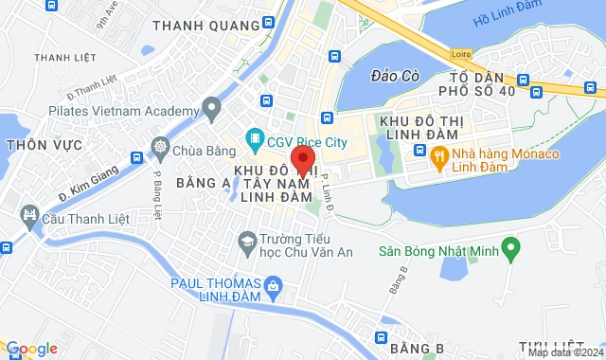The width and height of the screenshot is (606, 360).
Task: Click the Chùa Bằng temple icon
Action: tap(161, 149)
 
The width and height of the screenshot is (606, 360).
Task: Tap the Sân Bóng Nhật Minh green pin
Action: tap(511, 252)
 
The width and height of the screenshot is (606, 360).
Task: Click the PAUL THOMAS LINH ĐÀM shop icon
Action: tap(274, 284)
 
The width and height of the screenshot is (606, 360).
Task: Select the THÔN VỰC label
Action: tap(38, 146)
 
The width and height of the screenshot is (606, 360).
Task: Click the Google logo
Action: tap(30, 349)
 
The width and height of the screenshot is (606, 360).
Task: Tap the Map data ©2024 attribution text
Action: tap(564, 352)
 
